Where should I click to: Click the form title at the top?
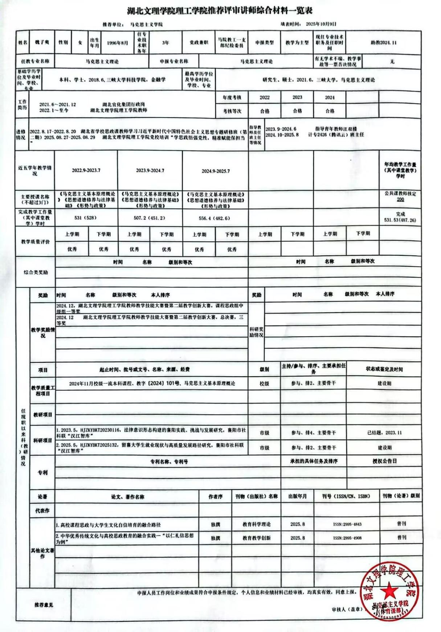[x=220, y=11]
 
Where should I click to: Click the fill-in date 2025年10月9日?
[x=321, y=24]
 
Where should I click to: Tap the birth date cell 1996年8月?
[x=117, y=43]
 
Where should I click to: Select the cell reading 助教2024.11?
[x=384, y=43]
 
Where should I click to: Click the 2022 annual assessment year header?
[x=265, y=97]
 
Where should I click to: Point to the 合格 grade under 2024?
[x=330, y=111]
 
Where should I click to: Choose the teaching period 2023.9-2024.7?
[x=150, y=171]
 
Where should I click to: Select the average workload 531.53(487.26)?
[x=400, y=220]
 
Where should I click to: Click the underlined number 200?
[x=400, y=200]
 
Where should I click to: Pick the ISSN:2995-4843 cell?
[x=347, y=525]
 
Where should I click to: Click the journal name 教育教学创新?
[x=257, y=538]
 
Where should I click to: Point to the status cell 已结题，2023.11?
[x=384, y=433]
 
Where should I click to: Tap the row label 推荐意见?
[x=44, y=605]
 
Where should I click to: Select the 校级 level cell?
[x=264, y=383]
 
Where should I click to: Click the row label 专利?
[x=42, y=473]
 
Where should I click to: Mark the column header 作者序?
[x=215, y=497]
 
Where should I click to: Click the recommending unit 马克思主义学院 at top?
[x=146, y=24]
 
